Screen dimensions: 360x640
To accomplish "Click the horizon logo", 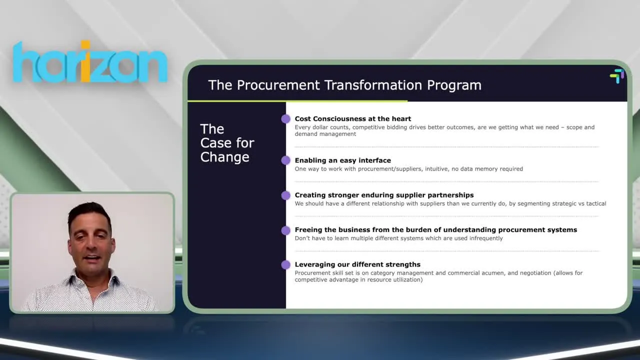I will [90, 62].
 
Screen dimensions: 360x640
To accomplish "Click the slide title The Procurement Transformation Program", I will [344, 85].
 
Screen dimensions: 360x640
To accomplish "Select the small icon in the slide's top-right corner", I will [617, 76].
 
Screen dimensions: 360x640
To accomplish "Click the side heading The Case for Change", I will [227, 143].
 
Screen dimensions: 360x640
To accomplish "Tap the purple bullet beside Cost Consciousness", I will [285, 119].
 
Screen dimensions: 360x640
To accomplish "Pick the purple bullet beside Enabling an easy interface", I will [285, 160].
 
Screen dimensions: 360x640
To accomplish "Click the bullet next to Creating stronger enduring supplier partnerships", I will [285, 195].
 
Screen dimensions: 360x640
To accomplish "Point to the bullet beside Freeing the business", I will [285, 230].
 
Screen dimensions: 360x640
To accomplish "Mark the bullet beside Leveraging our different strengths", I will [285, 265].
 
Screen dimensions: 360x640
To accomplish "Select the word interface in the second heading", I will [373, 160].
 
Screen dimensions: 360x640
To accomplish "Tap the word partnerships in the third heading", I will [448, 195].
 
